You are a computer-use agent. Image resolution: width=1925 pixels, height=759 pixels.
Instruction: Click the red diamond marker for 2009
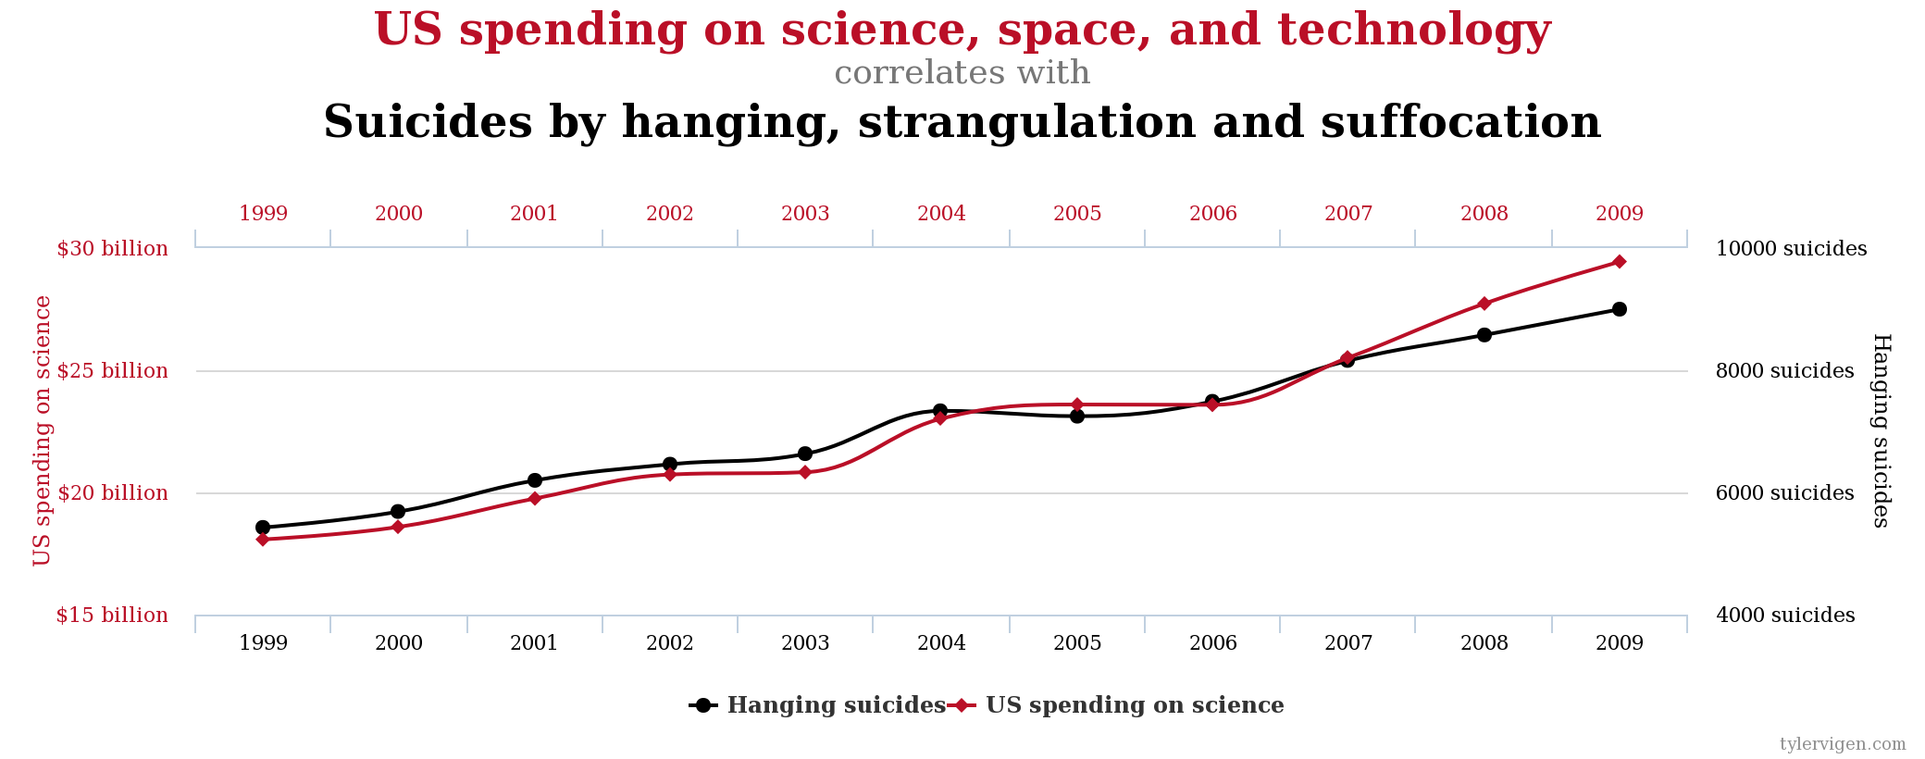(x=1619, y=262)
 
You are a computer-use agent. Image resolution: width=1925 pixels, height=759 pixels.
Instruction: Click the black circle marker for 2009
(x=1619, y=309)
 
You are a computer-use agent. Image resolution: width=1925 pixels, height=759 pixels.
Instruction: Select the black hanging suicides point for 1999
(x=263, y=528)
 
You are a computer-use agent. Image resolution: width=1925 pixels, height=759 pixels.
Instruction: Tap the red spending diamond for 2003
(x=805, y=472)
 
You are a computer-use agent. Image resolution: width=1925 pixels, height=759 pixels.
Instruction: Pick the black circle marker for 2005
(x=1076, y=417)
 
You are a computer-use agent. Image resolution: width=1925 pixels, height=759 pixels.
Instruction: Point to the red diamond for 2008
(x=1484, y=304)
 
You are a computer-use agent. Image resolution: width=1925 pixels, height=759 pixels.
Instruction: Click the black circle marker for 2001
(x=534, y=480)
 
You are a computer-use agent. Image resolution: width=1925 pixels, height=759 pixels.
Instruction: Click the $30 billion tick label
(x=112, y=249)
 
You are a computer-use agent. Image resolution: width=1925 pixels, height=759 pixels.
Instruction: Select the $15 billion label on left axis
(x=112, y=616)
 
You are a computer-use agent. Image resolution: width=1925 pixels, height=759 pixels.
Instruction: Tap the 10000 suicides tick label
(x=1791, y=249)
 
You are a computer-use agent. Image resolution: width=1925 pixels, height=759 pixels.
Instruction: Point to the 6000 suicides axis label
(x=1784, y=493)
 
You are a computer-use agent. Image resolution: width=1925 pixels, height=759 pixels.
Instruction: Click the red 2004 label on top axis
(x=941, y=214)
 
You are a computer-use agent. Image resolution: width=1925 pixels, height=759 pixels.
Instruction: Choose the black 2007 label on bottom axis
(x=1347, y=643)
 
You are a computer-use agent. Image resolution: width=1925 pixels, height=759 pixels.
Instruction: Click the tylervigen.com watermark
(x=1842, y=744)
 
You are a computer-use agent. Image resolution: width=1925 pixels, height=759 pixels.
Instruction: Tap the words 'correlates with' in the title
(x=962, y=73)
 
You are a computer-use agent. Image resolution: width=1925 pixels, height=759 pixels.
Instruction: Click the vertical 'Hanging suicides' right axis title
(x=1881, y=430)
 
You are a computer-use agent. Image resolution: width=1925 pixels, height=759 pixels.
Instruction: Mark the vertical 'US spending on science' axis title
(x=43, y=430)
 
